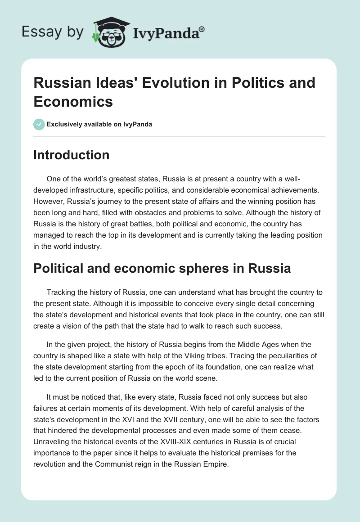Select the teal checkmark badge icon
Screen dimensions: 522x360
click(x=39, y=124)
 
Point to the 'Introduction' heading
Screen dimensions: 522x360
click(x=72, y=155)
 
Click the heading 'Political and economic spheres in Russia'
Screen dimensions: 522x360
click(x=162, y=268)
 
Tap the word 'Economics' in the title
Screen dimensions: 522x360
click(x=73, y=101)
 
